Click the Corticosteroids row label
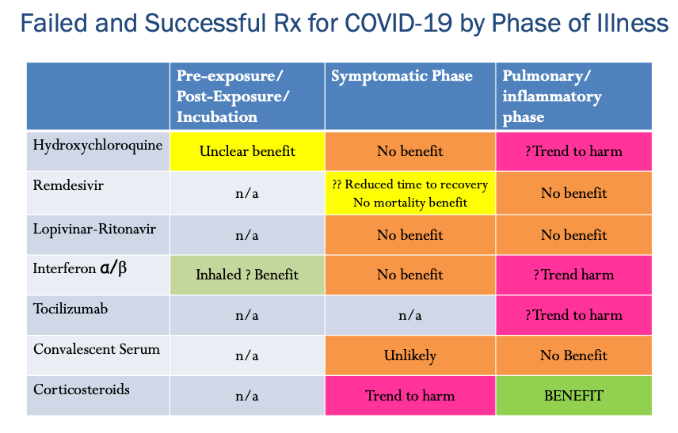pyautogui.click(x=82, y=389)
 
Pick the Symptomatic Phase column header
pyautogui.click(x=402, y=77)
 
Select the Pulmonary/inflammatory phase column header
pyautogui.click(x=552, y=97)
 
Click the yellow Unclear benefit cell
pyautogui.click(x=247, y=151)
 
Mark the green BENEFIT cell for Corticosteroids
pyautogui.click(x=573, y=395)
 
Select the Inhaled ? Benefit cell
pyautogui.click(x=247, y=275)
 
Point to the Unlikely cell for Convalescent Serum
pyautogui.click(x=410, y=355)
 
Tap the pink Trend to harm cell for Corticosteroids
pyautogui.click(x=410, y=395)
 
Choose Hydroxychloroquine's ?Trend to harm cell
pyautogui.click(x=573, y=151)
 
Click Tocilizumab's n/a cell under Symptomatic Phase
pyautogui.click(x=410, y=315)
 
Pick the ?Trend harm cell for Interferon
pyautogui.click(x=573, y=275)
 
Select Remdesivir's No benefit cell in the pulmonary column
pyautogui.click(x=573, y=193)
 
